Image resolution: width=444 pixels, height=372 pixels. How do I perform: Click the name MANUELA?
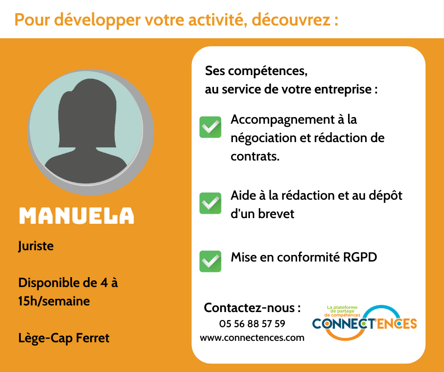pos(77,216)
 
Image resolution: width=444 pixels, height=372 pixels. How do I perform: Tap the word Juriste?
pos(36,246)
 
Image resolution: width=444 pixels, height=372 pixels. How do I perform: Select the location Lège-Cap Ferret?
pos(64,338)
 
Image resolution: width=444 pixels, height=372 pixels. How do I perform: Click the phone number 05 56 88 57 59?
pos(252,323)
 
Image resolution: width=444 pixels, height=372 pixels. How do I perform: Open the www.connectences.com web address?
pos(252,338)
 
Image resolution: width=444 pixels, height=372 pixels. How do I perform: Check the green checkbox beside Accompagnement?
pos(210,127)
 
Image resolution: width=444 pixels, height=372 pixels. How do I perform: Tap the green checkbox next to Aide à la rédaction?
pos(210,203)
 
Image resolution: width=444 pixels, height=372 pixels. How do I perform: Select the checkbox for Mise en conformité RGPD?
pos(210,262)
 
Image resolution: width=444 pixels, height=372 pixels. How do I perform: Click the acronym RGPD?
pos(360,257)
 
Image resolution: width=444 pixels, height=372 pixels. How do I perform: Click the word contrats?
pos(255,156)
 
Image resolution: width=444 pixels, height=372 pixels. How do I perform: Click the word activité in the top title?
pos(217,19)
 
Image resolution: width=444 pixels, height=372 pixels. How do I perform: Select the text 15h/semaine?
pos(54,301)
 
